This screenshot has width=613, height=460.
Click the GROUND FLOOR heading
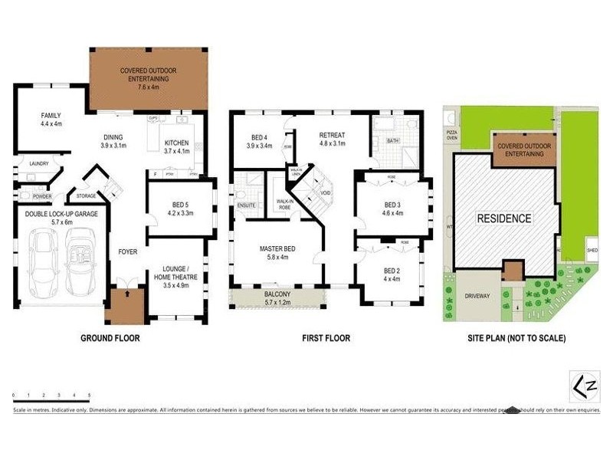pyautogui.click(x=110, y=337)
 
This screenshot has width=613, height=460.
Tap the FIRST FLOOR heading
pyautogui.click(x=325, y=337)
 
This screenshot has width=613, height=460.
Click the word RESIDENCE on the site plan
pyautogui.click(x=504, y=219)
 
